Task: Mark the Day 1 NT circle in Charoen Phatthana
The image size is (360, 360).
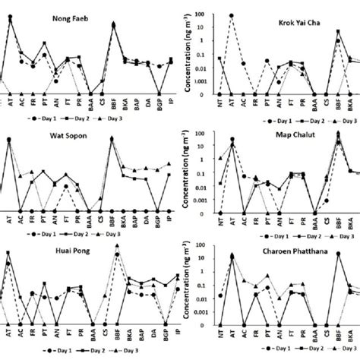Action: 219,295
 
